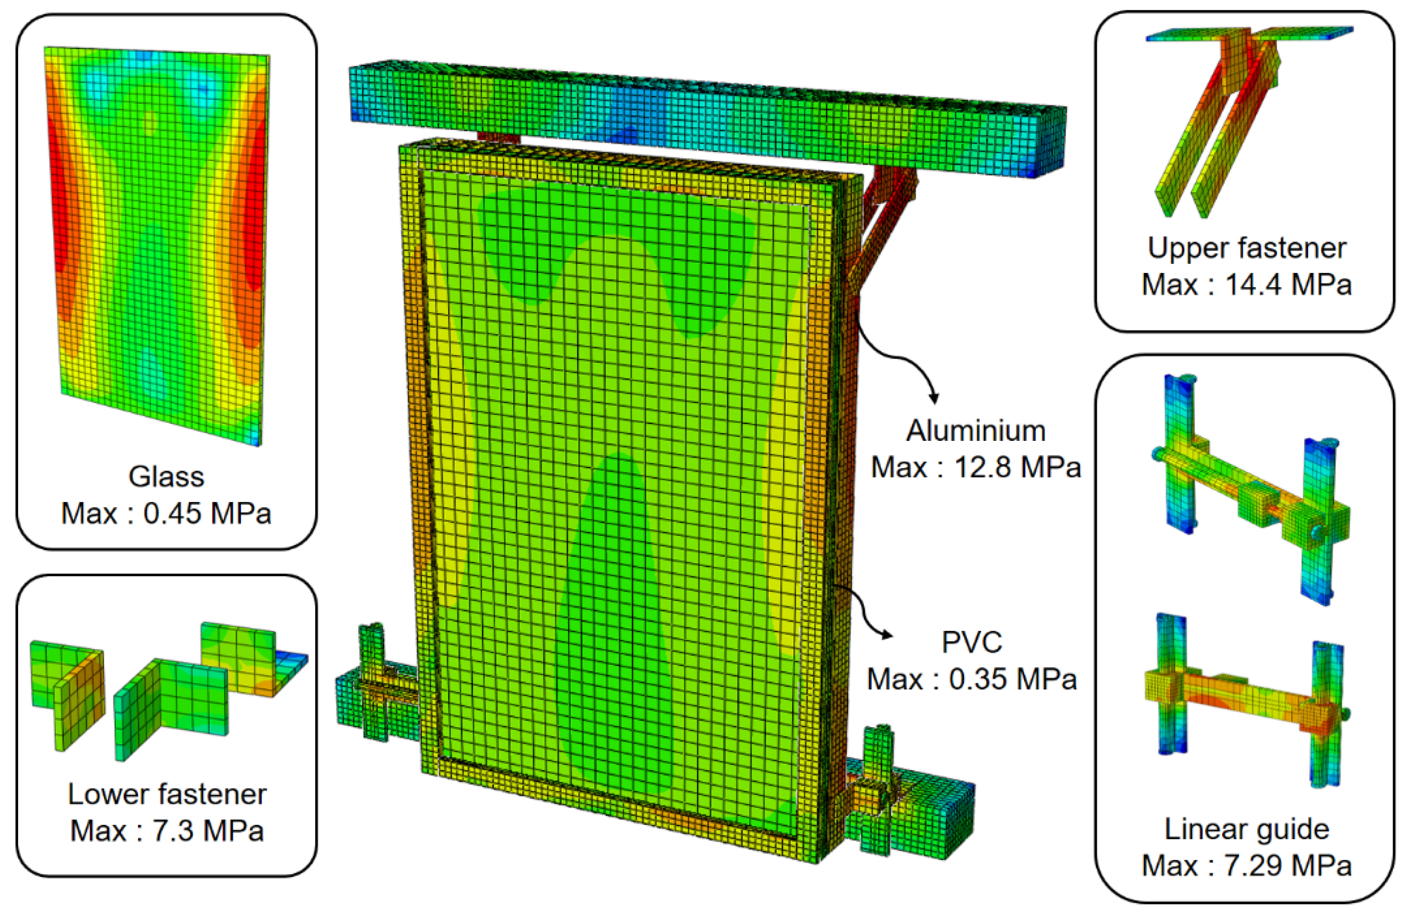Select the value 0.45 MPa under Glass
pyautogui.click(x=207, y=513)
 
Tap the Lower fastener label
pyautogui.click(x=167, y=794)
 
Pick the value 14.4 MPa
pyautogui.click(x=1288, y=285)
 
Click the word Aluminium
pyautogui.click(x=976, y=431)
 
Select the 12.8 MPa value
pyautogui.click(x=1018, y=467)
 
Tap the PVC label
pyautogui.click(x=971, y=642)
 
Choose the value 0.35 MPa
pyautogui.click(x=1013, y=679)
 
